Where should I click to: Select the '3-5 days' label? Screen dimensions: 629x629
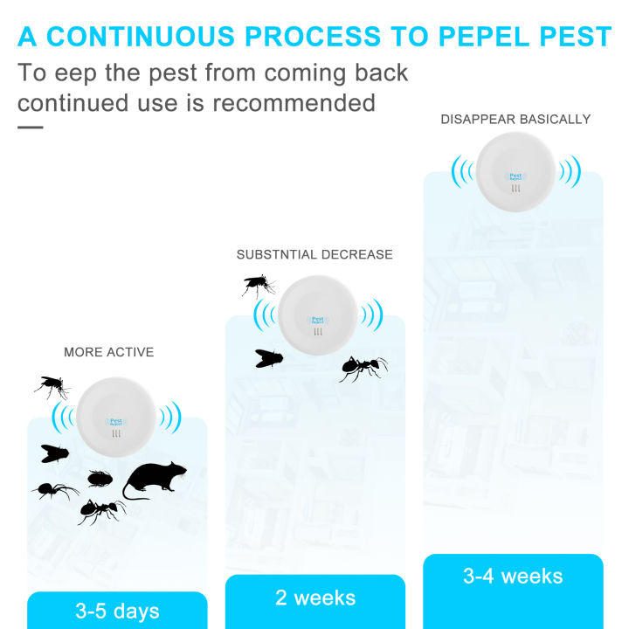tap(117, 611)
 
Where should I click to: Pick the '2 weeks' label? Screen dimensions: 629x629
tap(315, 598)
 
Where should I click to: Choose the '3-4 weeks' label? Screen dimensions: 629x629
tap(513, 576)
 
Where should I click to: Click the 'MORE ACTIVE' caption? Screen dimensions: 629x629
tap(108, 352)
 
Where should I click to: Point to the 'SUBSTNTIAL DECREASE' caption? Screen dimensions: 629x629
tap(314, 254)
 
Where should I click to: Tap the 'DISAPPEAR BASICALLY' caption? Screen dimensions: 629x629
tap(515, 119)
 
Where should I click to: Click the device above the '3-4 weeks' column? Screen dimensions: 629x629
tap(515, 172)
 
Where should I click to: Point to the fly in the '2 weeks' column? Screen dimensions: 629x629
tap(268, 357)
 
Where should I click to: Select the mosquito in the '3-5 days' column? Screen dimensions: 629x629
tap(52, 386)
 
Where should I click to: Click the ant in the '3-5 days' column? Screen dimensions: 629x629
tap(101, 510)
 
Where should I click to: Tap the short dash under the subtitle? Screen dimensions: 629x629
tap(30, 127)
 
